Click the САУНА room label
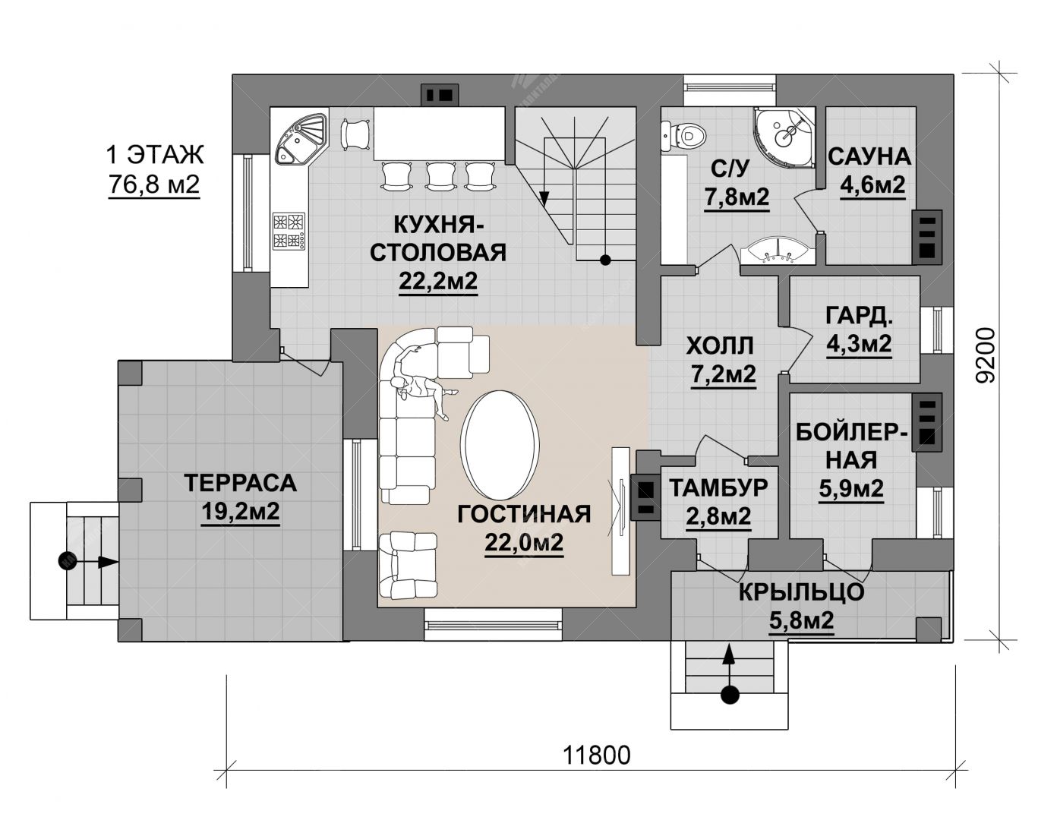pos(869,157)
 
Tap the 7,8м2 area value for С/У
pos(737,197)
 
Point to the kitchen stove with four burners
pos(289,232)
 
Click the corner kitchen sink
pos(300,138)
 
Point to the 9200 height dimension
pos(984,355)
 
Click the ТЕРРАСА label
pos(240,484)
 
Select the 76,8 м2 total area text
pos(154,184)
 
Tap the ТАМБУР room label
pos(718,488)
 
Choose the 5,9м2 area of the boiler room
pos(851,489)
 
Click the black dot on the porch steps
pos(729,709)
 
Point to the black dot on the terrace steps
pos(68,561)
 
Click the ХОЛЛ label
pos(719,346)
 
